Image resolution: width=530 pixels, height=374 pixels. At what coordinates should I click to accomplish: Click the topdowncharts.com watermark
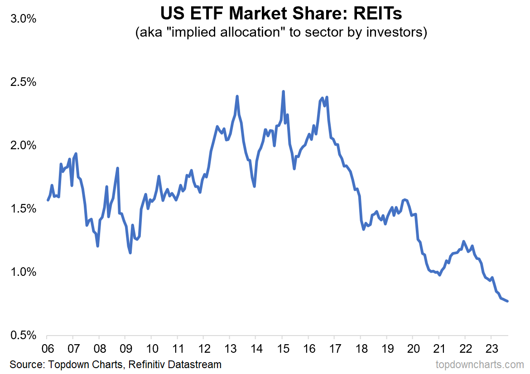point(480,364)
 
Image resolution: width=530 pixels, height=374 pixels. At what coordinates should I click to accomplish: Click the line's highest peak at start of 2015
point(283,91)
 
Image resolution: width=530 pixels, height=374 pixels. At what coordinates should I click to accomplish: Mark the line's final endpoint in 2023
point(507,301)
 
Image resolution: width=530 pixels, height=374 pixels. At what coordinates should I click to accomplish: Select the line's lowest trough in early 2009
point(130,253)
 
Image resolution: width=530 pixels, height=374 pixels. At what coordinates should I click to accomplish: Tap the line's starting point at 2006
point(48,200)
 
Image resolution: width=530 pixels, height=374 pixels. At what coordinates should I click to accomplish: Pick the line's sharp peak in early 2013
point(237,96)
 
